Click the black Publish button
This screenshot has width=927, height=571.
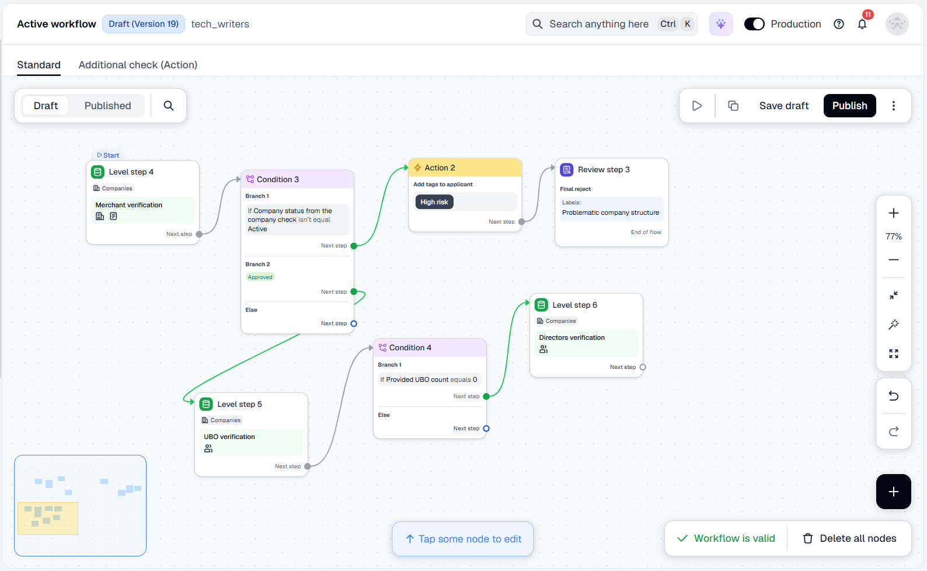pos(849,106)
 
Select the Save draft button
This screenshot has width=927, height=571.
pos(784,106)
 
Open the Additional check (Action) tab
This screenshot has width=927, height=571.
pos(138,65)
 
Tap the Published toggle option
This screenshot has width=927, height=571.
pos(107,106)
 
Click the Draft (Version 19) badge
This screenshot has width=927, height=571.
pos(143,24)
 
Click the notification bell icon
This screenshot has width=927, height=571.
pos(862,24)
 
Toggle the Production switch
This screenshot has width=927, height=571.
pos(754,24)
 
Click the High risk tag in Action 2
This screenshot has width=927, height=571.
pos(434,202)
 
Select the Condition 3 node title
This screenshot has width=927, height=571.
pos(278,179)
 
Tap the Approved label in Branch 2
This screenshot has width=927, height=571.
pos(260,277)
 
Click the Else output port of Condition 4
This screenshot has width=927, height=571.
pos(486,429)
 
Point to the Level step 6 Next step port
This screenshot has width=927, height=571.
pos(643,367)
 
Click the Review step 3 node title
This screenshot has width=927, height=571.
pos(604,170)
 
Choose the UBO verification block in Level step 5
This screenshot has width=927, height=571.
pos(251,443)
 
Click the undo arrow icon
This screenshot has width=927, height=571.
pos(894,396)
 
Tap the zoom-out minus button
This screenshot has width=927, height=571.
pos(894,260)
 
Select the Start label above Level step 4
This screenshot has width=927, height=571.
pos(108,155)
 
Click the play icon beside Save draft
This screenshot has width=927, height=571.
pos(697,106)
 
